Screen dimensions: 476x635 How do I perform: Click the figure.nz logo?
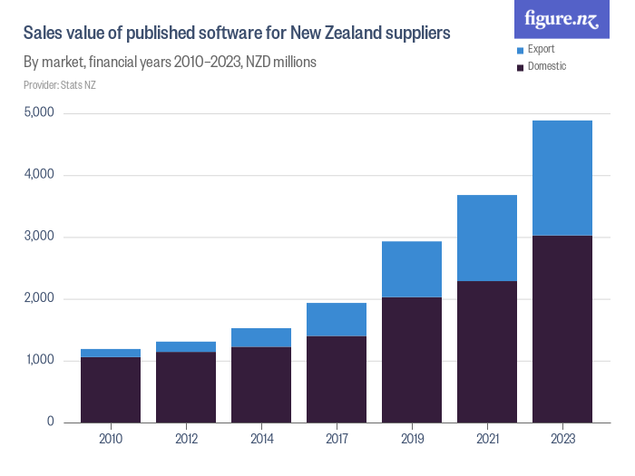(x=562, y=19)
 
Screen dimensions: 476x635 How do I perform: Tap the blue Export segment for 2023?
(x=562, y=178)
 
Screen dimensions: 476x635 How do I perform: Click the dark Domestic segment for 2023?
(x=562, y=328)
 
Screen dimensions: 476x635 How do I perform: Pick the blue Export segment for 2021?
(x=486, y=238)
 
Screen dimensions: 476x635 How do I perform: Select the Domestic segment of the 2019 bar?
(x=411, y=359)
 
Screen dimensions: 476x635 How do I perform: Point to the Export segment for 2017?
(x=336, y=319)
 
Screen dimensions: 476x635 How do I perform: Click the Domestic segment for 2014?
(x=260, y=384)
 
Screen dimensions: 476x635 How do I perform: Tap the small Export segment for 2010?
(x=111, y=354)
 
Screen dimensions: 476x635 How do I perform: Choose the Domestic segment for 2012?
(x=186, y=386)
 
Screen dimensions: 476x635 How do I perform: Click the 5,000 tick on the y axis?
(x=39, y=113)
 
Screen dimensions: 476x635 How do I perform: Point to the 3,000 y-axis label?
(x=39, y=237)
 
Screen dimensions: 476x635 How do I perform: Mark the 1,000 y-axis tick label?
(x=39, y=360)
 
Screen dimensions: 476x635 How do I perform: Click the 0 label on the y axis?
(x=50, y=422)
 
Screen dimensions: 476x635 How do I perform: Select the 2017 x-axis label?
(x=336, y=440)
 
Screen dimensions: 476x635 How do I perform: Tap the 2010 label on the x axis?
(x=111, y=440)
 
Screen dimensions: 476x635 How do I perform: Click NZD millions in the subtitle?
(x=281, y=63)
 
